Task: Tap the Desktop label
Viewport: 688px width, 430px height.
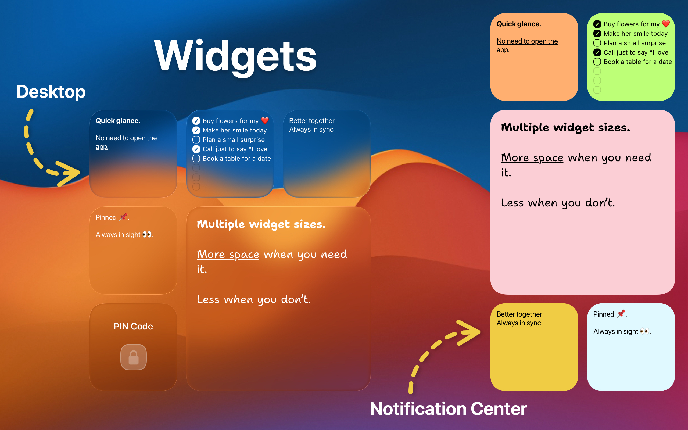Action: [51, 92]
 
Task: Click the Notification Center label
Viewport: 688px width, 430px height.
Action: [448, 409]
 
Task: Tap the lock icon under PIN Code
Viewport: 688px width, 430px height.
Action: [133, 357]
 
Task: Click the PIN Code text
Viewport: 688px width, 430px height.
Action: [133, 326]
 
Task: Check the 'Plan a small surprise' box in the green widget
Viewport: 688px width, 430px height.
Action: [597, 43]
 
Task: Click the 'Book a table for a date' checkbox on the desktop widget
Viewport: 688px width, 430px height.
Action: [196, 158]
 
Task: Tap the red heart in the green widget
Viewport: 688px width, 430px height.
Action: [666, 24]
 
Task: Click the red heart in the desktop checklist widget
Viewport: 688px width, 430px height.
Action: [265, 121]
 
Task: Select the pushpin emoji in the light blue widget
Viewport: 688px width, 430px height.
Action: [621, 313]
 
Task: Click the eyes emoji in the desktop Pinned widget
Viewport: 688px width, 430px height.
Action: [147, 234]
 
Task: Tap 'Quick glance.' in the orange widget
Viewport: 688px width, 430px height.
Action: [519, 24]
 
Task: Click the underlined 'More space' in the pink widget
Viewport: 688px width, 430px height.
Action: [532, 157]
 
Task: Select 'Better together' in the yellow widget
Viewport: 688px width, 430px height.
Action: [519, 314]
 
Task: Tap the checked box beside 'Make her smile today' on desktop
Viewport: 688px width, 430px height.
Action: [196, 130]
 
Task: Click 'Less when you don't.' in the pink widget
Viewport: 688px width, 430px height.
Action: [558, 203]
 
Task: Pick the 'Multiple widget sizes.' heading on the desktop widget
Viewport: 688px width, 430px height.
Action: [261, 224]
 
